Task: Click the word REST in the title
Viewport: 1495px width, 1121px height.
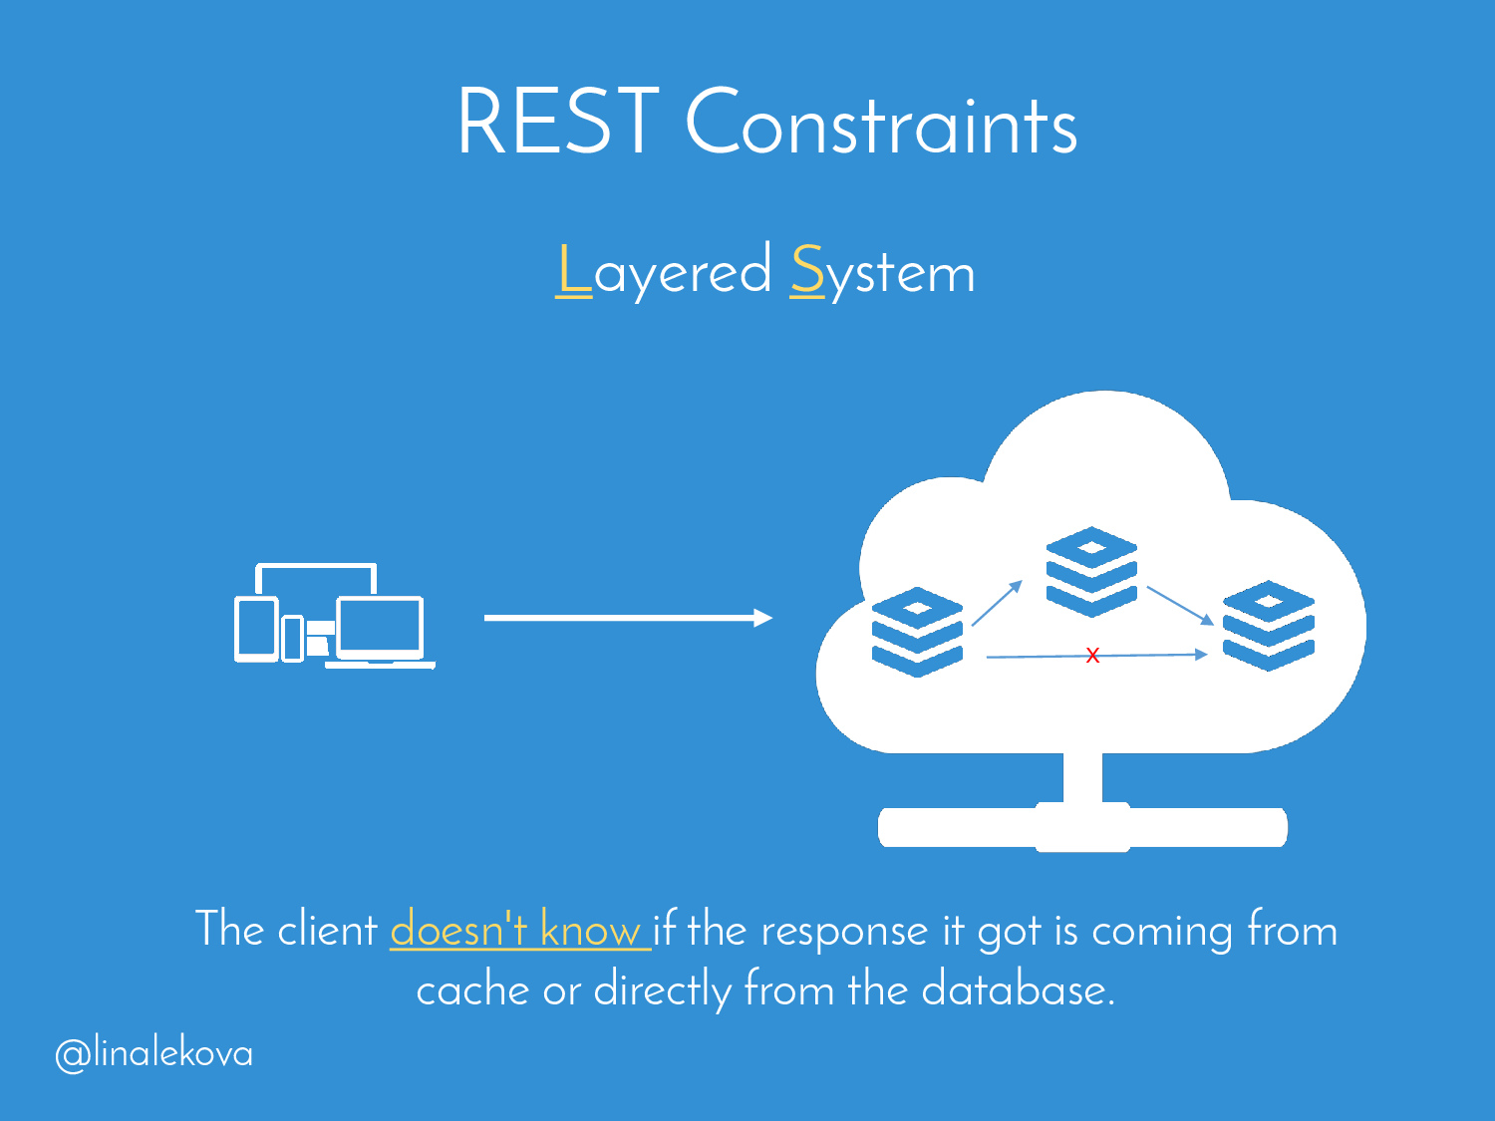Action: [557, 122]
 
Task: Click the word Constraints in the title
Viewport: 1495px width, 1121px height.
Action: [881, 124]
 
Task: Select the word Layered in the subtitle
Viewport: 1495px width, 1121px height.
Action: [664, 271]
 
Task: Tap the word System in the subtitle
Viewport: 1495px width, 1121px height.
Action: [882, 272]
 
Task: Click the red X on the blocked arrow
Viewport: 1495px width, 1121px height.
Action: [1092, 655]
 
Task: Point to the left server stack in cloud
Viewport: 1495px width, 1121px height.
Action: [917, 632]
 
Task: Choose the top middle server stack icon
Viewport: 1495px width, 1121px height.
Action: [1091, 571]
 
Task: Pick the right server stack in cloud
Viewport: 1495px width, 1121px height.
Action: [1268, 625]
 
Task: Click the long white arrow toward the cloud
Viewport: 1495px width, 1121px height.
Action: [628, 618]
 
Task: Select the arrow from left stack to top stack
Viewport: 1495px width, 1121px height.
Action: [997, 603]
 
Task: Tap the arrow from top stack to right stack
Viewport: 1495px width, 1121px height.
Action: [1180, 605]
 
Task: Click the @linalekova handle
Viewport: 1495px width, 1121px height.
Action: [154, 1053]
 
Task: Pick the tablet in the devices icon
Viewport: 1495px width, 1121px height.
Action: [256, 629]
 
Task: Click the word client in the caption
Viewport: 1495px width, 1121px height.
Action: [327, 930]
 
